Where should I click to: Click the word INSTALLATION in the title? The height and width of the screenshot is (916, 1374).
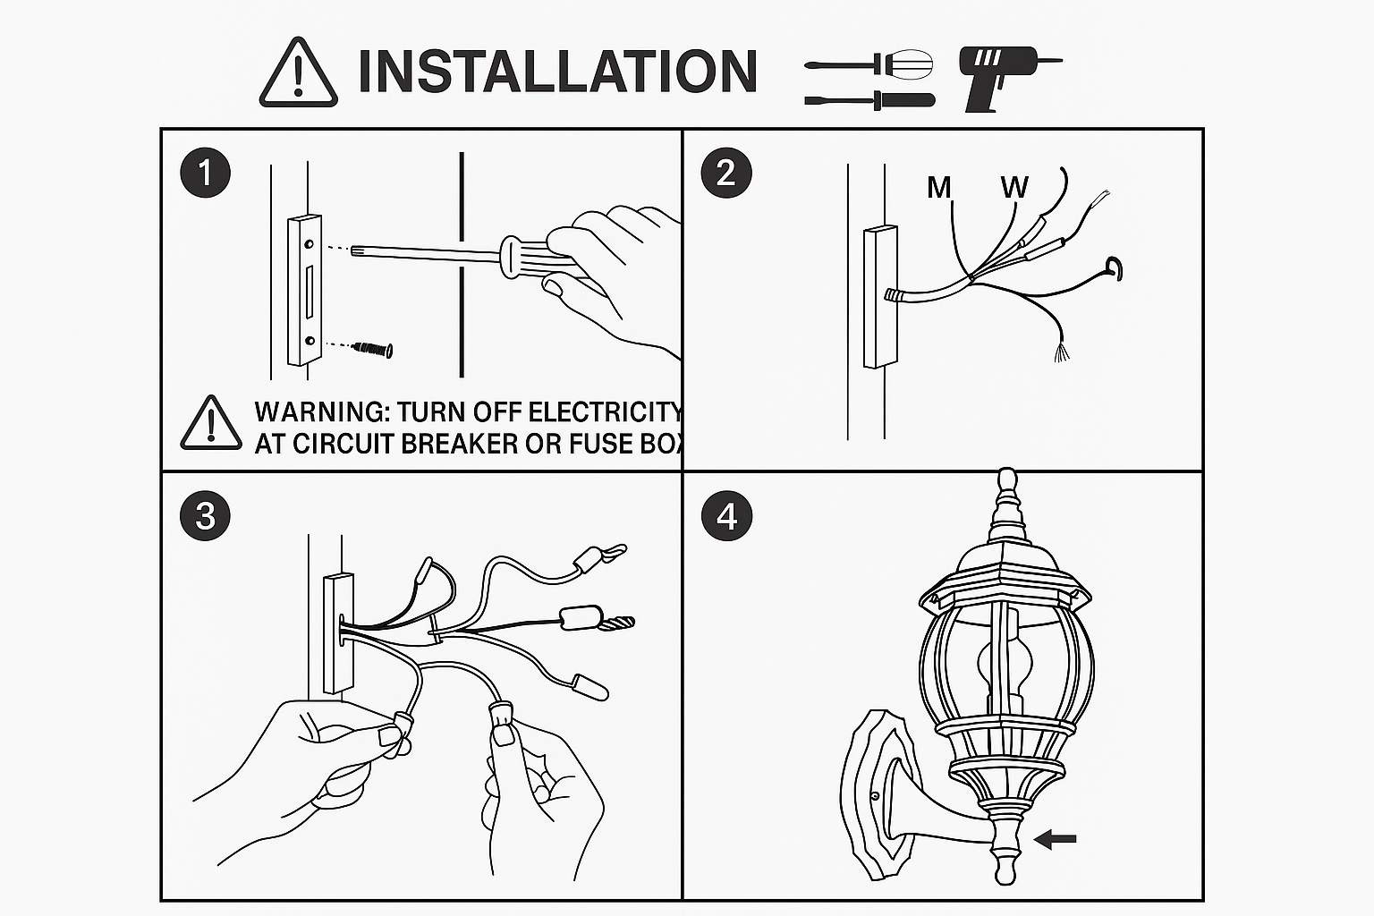[x=557, y=72]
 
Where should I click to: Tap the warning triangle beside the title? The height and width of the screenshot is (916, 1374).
[x=298, y=72]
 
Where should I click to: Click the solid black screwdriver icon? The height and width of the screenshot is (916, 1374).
[x=869, y=100]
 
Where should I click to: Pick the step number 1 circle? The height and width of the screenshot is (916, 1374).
[x=206, y=172]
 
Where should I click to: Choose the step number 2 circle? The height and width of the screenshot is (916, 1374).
[x=726, y=173]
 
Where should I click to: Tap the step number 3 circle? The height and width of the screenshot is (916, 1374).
[x=206, y=515]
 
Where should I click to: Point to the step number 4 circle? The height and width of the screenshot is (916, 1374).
[x=727, y=515]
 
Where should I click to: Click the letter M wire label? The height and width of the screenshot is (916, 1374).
[x=939, y=187]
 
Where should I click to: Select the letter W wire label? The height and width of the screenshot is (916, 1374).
[x=1014, y=187]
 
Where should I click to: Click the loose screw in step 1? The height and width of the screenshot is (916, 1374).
[x=373, y=350]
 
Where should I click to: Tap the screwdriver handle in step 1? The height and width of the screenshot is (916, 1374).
[x=534, y=258]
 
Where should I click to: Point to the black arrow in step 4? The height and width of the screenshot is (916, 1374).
[x=1055, y=839]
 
